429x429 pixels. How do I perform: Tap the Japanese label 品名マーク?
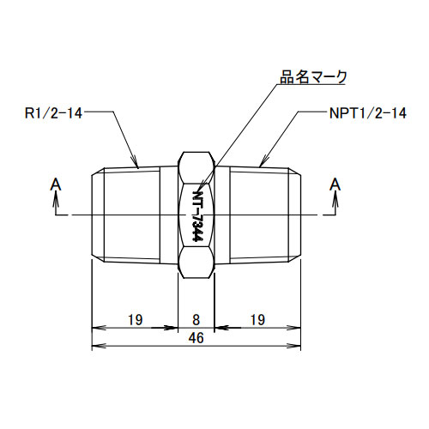tap(313, 77)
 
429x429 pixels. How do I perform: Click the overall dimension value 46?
tap(196, 339)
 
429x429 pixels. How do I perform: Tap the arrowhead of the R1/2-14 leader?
tap(136, 163)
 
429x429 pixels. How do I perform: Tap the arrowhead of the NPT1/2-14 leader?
tap(261, 163)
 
